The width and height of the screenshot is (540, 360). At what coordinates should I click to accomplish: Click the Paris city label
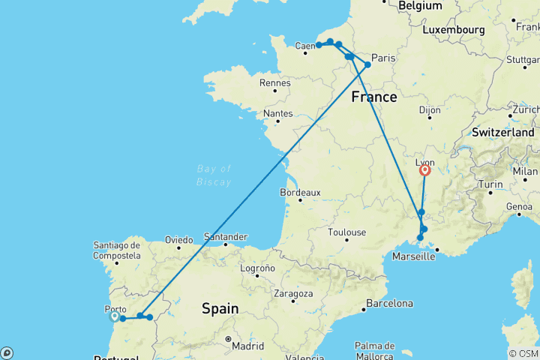coord(383,58)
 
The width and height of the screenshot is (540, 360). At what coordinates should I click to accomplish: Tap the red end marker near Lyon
coord(425,170)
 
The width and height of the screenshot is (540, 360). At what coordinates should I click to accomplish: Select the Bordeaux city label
coord(301,193)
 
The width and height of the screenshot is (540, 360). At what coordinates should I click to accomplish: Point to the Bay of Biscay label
coord(214,175)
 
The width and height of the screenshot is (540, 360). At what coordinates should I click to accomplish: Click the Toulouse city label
coord(347,232)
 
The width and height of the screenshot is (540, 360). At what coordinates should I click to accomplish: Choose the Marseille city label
coord(414,256)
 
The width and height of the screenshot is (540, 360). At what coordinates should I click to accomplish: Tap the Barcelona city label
coord(389,304)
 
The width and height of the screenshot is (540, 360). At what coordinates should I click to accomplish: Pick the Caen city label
coord(304,46)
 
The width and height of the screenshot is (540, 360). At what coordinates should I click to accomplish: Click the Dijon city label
coord(430,109)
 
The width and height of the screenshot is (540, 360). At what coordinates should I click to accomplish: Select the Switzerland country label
coord(504,132)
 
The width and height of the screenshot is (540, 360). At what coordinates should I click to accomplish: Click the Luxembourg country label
coord(454,29)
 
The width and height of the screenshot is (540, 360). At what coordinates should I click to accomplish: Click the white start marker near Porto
coord(114,316)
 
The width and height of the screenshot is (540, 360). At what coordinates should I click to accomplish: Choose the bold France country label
coord(374,97)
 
